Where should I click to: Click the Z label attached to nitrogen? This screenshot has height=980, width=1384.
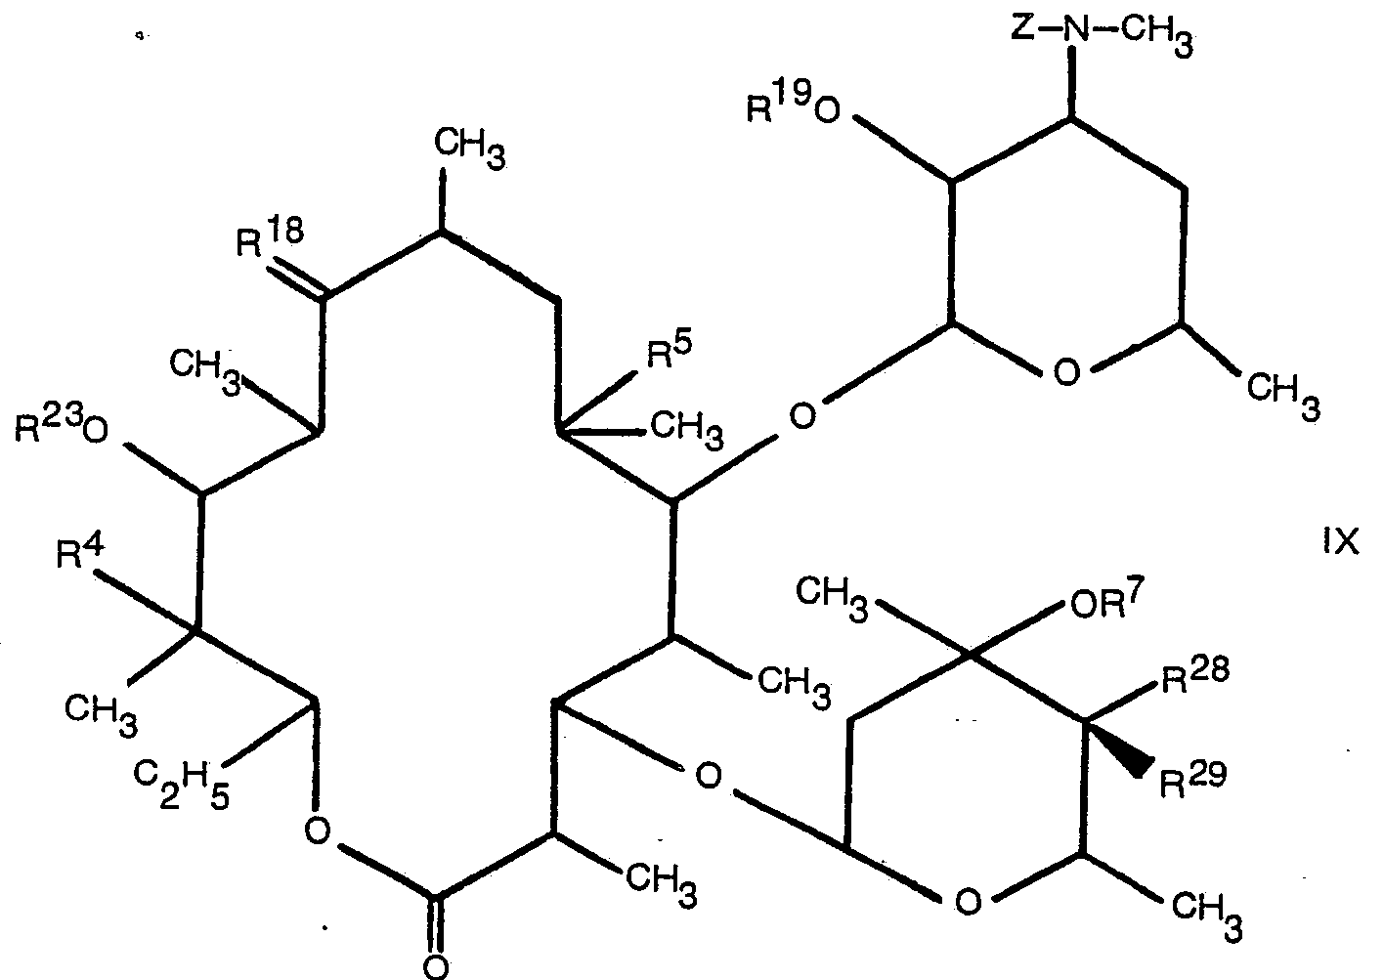(1023, 28)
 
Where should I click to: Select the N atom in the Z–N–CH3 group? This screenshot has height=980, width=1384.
(1075, 28)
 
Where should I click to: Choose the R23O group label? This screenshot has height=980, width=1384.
(61, 430)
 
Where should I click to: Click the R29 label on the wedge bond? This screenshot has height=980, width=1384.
(1191, 781)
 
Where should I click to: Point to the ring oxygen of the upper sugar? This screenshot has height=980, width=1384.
(1068, 372)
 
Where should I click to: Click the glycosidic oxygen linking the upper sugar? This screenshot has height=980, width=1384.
(801, 417)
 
